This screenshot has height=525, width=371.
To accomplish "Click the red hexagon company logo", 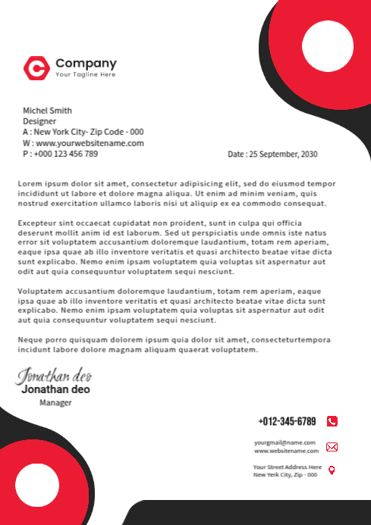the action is click(36, 68).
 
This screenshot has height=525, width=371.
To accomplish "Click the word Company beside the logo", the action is click(86, 63).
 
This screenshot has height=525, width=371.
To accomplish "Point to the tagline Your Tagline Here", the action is click(86, 75).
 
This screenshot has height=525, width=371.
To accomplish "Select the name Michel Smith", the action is click(47, 110).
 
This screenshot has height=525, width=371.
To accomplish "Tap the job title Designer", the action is click(39, 120).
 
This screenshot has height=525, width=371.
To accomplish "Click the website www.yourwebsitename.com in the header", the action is click(89, 142).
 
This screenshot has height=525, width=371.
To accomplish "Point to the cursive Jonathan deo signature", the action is click(55, 375).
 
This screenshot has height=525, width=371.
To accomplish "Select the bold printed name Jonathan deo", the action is click(55, 389).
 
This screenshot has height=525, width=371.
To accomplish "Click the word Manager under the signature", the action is click(55, 403).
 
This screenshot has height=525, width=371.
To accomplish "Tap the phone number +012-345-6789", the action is click(287, 421).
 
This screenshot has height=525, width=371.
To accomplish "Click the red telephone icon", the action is click(332, 421).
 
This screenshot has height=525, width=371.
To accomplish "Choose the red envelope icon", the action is click(332, 447).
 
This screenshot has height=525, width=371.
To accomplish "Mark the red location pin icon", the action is click(332, 470).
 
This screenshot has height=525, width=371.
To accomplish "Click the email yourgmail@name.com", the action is click(285, 442).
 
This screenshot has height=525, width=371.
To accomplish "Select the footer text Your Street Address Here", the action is click(287, 467).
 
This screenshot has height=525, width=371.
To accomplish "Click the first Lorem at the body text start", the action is click(30, 183).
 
